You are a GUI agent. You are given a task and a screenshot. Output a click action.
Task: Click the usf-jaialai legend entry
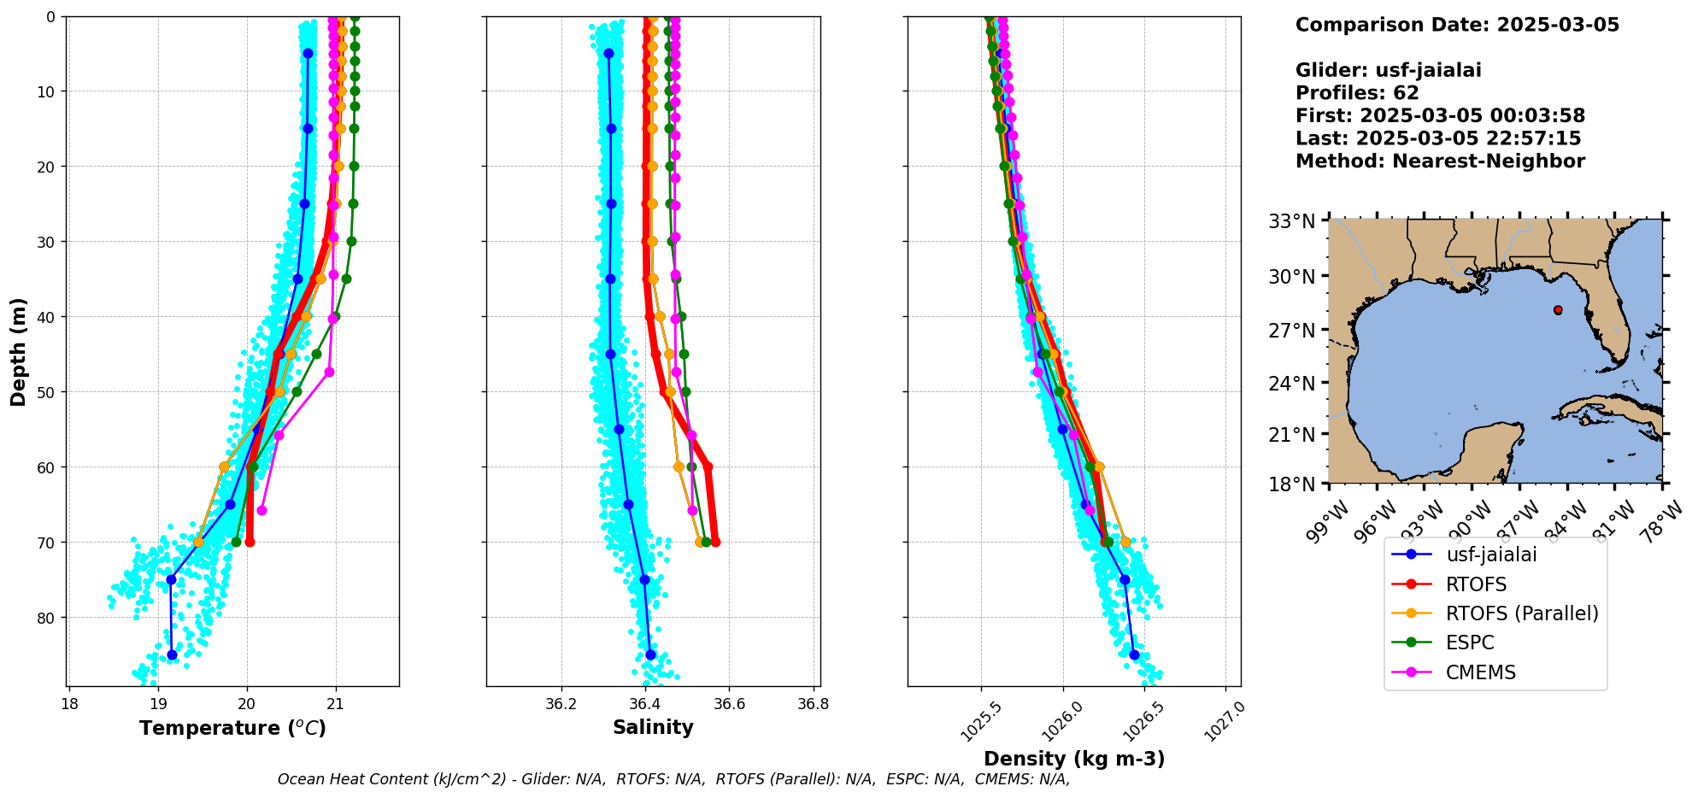pos(1491,554)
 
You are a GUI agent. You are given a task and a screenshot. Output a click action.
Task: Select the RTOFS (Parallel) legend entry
pos(1521,613)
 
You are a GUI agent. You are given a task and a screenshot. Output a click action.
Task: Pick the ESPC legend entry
pos(1470,643)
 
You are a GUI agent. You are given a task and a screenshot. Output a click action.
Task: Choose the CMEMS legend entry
pos(1480,672)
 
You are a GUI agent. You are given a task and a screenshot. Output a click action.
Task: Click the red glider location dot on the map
pos(1558,310)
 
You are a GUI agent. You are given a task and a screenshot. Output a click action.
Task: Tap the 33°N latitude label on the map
pos(1291,222)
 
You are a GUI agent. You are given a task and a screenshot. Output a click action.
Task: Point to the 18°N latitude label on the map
pos(1291,484)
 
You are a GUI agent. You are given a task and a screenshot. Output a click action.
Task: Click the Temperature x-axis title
pos(232,728)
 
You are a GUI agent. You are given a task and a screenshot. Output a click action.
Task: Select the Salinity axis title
pos(653,727)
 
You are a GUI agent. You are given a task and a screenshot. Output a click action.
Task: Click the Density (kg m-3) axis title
pos(1074,759)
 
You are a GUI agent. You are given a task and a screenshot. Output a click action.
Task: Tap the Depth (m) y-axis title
pos(19,352)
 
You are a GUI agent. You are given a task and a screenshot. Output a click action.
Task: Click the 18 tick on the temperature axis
pos(69,705)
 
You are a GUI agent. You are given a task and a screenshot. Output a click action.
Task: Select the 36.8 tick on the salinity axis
pos(813,705)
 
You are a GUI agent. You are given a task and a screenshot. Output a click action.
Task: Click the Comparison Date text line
pos(1457,25)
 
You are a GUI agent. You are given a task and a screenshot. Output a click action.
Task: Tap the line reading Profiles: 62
pos(1357,93)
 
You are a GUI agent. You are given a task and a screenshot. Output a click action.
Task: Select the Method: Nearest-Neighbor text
pos(1440,161)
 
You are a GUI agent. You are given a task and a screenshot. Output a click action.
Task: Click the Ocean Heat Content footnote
pos(673,779)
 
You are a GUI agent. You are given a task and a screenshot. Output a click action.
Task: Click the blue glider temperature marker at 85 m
pos(172,655)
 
